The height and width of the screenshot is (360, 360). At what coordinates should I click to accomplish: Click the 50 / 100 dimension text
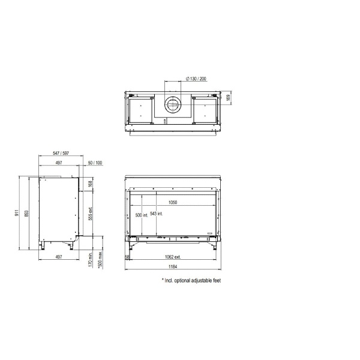tap(95, 163)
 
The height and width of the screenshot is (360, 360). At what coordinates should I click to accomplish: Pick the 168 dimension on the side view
tap(90, 184)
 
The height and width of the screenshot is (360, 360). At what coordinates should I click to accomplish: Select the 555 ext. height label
tap(90, 215)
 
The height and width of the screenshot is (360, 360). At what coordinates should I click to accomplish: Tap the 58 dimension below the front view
tap(127, 257)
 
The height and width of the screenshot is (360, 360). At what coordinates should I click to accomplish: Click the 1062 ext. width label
tap(173, 257)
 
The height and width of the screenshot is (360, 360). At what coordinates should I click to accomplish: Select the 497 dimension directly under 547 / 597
tap(58, 163)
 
